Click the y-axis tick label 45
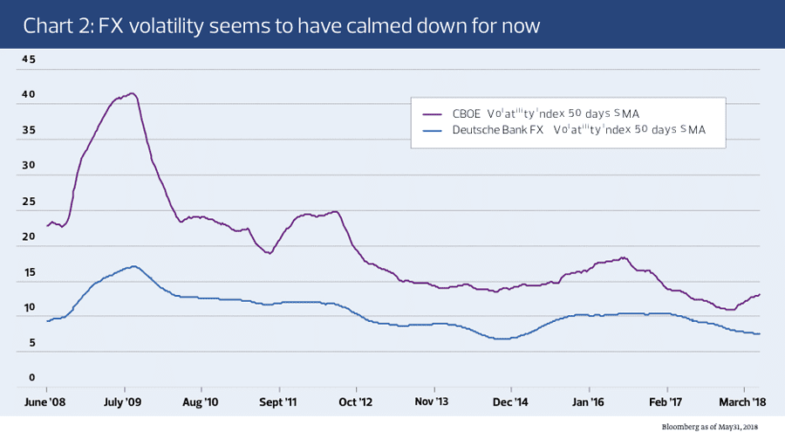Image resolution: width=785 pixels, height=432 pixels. click(x=29, y=59)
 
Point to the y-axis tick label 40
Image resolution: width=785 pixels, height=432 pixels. click(x=29, y=95)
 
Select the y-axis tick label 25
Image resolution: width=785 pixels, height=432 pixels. click(x=29, y=202)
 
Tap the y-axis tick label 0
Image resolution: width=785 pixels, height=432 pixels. click(x=31, y=378)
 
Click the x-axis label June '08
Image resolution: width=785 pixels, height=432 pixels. click(x=46, y=404)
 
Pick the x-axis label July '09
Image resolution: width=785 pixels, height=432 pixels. click(x=124, y=404)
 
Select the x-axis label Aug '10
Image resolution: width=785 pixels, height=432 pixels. click(x=201, y=404)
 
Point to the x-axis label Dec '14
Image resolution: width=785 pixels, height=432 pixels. click(x=511, y=404)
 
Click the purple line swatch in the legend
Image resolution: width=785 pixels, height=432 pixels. click(x=432, y=113)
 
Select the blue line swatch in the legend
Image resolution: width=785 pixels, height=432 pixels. click(x=432, y=130)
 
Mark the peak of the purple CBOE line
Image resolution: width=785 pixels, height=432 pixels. click(x=132, y=93)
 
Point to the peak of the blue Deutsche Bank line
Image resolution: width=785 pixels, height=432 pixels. click(x=133, y=266)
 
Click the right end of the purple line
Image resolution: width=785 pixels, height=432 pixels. click(x=760, y=294)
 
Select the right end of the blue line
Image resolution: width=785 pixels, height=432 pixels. click(x=760, y=333)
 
